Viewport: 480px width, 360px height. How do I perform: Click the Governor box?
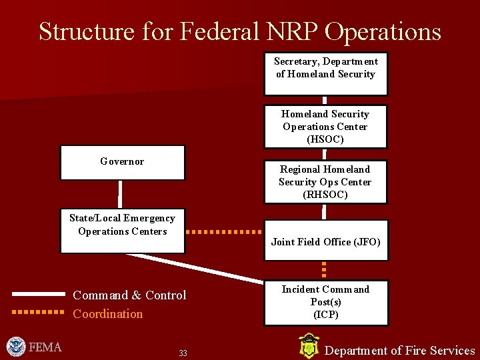pyautogui.click(x=123, y=163)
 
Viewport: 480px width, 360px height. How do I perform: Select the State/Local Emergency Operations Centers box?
pyautogui.click(x=123, y=230)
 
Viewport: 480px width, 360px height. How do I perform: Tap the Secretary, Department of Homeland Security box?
pyautogui.click(x=325, y=73)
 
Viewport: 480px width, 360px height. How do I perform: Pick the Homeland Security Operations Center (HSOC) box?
pyautogui.click(x=325, y=127)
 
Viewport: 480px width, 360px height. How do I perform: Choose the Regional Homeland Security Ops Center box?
pyautogui.click(x=325, y=182)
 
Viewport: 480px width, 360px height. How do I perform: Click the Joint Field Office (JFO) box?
pyautogui.click(x=325, y=241)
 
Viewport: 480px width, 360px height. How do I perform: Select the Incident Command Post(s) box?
pyautogui.click(x=325, y=302)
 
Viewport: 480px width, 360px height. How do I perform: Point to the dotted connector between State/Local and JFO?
pyautogui.click(x=223, y=232)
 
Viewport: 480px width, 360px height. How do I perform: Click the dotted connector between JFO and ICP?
pyautogui.click(x=324, y=269)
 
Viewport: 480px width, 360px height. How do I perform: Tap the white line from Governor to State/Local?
pyautogui.click(x=121, y=194)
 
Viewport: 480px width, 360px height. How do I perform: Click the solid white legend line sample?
pyautogui.click(x=38, y=293)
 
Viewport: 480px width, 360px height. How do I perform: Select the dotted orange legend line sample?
pyautogui.click(x=38, y=311)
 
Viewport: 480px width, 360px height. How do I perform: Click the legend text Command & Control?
pyautogui.click(x=129, y=295)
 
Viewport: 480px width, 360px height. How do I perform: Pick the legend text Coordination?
pyautogui.click(x=108, y=314)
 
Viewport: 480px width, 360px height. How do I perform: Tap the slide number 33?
pyautogui.click(x=183, y=353)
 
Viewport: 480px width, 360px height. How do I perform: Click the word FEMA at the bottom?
pyautogui.click(x=46, y=347)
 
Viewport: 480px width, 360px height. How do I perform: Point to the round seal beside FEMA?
pyautogui.click(x=16, y=347)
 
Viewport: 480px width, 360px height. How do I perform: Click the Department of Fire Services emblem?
pyautogui.click(x=308, y=347)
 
